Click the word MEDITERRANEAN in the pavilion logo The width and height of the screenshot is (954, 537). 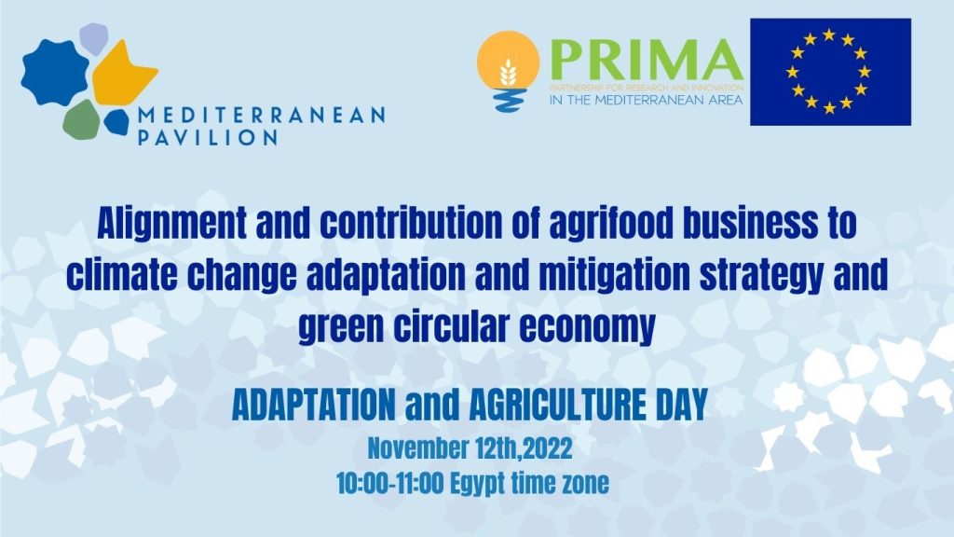click(x=260, y=115)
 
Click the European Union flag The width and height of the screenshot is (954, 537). click(x=830, y=72)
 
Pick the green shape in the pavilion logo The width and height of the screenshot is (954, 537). click(x=81, y=118)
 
